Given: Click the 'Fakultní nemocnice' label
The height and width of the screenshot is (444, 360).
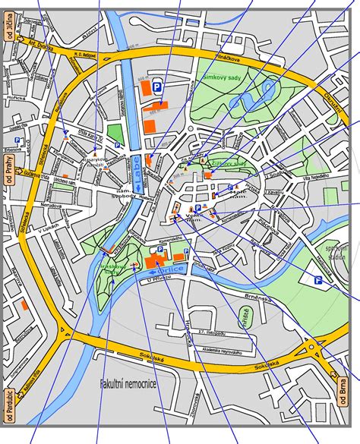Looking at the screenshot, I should click(x=128, y=385).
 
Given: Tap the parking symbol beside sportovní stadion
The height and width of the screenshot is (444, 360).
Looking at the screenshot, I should click(x=319, y=280).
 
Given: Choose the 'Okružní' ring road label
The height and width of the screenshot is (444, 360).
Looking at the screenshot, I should click(x=332, y=114).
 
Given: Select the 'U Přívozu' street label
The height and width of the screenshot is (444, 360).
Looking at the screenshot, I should click(x=156, y=282).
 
